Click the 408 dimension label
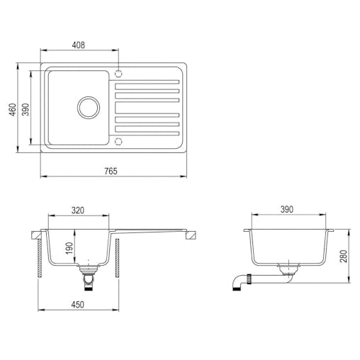point(79,45)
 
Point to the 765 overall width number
point(111,171)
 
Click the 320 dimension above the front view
point(78,210)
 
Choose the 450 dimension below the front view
point(78,305)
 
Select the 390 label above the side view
point(286,210)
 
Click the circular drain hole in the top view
point(89,107)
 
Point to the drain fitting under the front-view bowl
point(88,274)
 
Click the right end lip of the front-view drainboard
point(189,236)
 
